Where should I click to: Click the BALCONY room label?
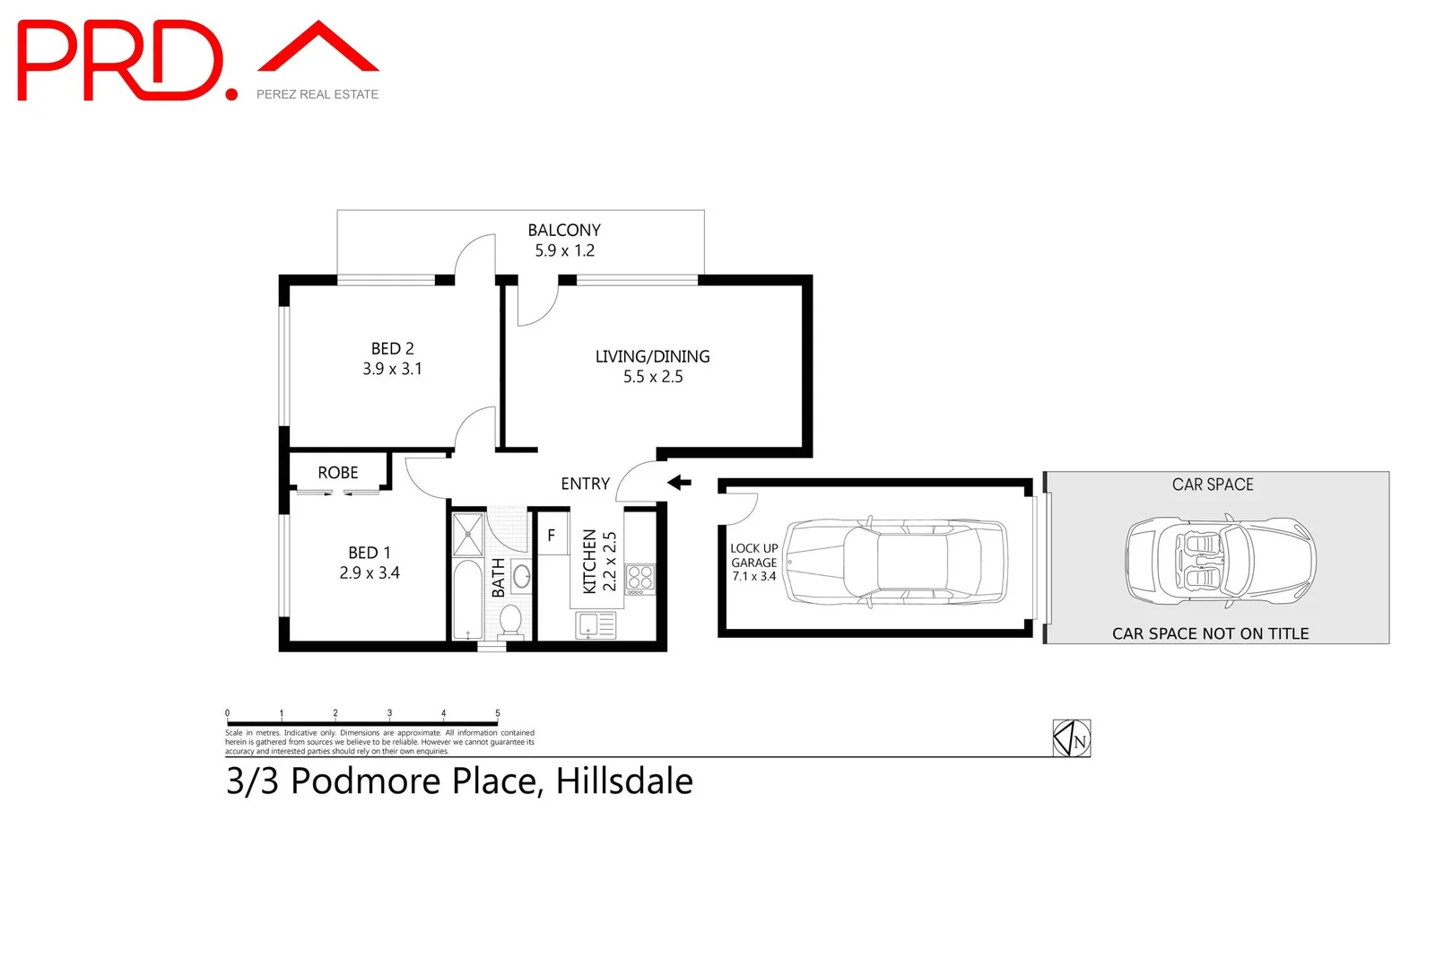tap(563, 230)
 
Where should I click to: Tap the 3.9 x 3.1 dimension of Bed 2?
tap(392, 369)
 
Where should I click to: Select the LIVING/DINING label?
tap(652, 356)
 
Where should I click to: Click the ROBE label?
tap(337, 473)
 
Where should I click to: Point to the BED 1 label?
tap(369, 553)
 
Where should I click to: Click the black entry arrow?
tap(679, 483)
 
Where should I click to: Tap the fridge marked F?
tap(551, 536)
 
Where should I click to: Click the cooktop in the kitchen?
tap(639, 579)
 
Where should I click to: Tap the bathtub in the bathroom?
tap(466, 599)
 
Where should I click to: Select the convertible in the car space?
tap(1220, 561)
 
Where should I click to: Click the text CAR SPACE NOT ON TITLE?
tap(1210, 633)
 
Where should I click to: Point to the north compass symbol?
tap(1071, 738)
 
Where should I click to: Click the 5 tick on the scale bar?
tap(498, 714)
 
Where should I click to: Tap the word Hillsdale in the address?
tap(624, 781)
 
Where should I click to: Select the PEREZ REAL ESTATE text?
tap(318, 94)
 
